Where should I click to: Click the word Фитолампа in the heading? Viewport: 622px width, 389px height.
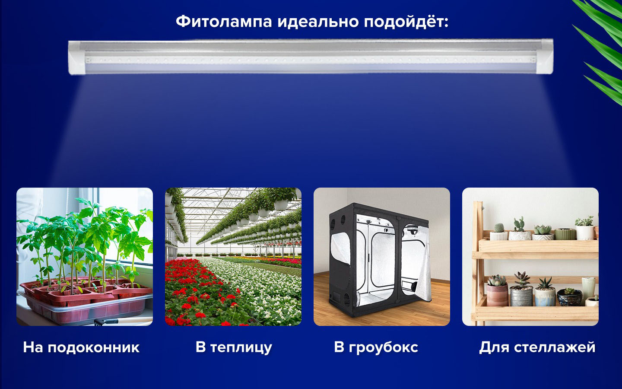224,22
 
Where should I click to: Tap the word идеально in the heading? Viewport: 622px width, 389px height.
318,22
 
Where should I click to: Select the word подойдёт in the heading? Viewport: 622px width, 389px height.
406,22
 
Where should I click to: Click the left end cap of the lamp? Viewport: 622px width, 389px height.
77,57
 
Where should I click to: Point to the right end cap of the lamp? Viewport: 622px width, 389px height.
545,56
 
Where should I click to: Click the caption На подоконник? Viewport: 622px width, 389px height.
81,348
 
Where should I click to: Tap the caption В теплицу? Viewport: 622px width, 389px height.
234,348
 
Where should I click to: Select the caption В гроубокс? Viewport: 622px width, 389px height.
376,348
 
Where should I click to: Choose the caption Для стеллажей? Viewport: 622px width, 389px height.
537,348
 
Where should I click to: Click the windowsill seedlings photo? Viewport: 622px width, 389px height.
85,256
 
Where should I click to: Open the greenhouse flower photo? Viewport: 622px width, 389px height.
233,256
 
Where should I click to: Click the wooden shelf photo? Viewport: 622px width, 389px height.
530,256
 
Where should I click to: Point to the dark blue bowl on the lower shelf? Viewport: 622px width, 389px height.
569,297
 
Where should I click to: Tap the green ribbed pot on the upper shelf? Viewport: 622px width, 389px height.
565,234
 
